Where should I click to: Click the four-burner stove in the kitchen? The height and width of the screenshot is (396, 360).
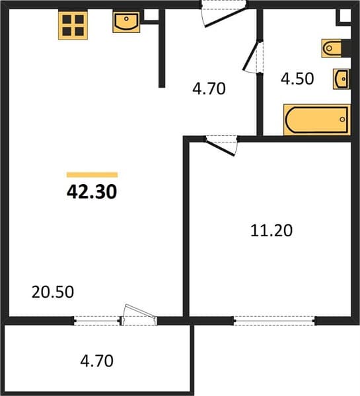pos(73,25)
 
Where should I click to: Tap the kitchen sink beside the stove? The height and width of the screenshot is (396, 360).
pos(126,22)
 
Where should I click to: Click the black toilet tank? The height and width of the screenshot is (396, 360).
pos(346,48)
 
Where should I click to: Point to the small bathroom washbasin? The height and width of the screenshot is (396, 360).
pos(342,79)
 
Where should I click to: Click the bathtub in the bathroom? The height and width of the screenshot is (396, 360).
pos(317,119)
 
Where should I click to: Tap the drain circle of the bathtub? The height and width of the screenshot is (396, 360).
pos(342,119)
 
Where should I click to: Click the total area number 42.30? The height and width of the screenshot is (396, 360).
pos(92,191)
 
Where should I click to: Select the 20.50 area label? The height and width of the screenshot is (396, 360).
pos(53,292)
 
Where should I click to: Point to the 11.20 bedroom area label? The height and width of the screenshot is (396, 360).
pos(271,230)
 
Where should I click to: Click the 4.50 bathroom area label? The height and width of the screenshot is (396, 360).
pos(297,79)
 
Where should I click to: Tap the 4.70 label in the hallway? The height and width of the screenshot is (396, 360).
pos(209,88)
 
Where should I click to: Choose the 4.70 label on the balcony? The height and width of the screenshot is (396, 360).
pos(96,361)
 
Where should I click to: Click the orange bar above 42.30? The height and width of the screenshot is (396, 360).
pos(92,175)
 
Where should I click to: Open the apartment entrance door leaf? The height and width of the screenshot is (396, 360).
pos(225,17)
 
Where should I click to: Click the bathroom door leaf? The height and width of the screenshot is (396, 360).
pos(251,55)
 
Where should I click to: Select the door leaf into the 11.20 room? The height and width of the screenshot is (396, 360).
pos(220,147)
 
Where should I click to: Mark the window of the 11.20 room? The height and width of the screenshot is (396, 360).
pos(275,321)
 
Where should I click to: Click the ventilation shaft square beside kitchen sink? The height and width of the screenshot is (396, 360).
pos(151,15)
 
